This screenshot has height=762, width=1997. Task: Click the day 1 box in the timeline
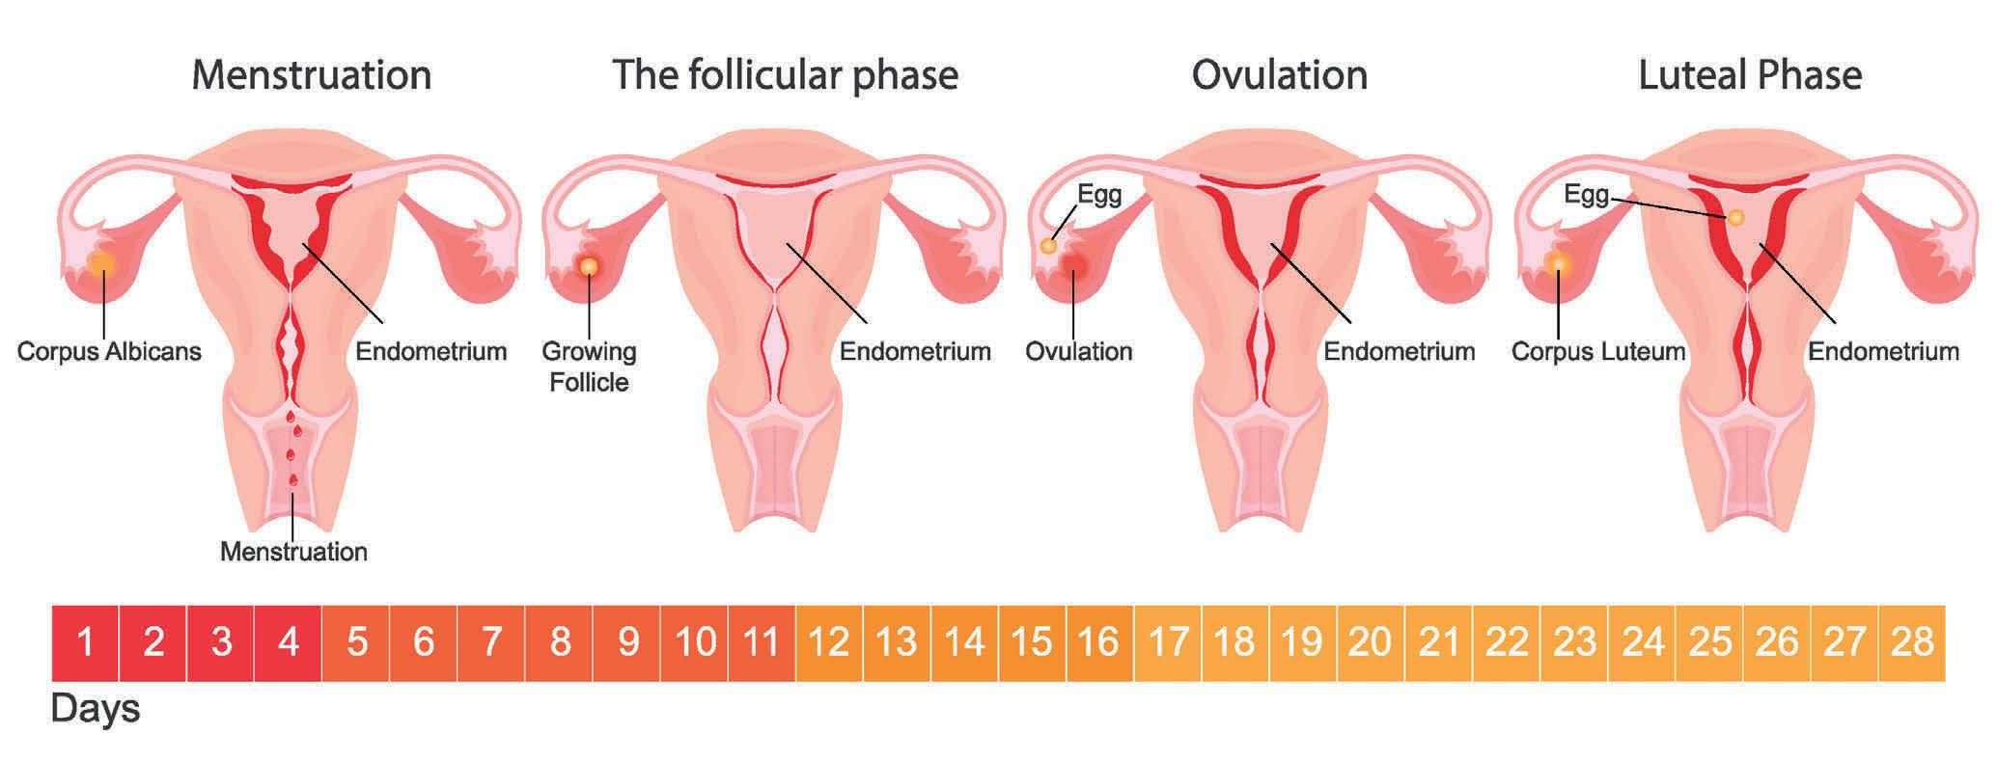click(85, 642)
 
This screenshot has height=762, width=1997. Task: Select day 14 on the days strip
click(964, 642)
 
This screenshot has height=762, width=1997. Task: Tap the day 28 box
click(1912, 642)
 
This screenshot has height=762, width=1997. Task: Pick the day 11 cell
click(762, 642)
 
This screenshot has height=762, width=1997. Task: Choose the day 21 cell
click(1439, 642)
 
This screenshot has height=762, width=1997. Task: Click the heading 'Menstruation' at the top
click(311, 75)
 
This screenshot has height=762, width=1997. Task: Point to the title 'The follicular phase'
click(785, 75)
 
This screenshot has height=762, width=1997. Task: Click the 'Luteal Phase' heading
click(1749, 75)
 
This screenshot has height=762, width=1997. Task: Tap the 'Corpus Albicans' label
click(109, 351)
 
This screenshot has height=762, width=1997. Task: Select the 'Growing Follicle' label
click(589, 367)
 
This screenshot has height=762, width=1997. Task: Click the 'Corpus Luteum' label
click(1597, 351)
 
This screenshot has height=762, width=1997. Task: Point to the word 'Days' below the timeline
click(95, 709)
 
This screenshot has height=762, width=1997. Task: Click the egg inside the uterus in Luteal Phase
click(1735, 218)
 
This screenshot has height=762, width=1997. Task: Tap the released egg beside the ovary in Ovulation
click(1048, 246)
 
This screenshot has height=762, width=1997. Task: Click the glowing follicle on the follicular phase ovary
click(589, 266)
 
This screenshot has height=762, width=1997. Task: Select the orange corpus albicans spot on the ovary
click(100, 262)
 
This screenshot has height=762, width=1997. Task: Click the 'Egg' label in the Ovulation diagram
click(1099, 195)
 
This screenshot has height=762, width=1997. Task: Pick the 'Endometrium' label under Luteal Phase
click(1882, 351)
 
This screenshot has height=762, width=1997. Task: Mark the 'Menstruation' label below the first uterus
click(293, 552)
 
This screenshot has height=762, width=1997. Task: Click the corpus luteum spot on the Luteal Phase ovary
click(1557, 263)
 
